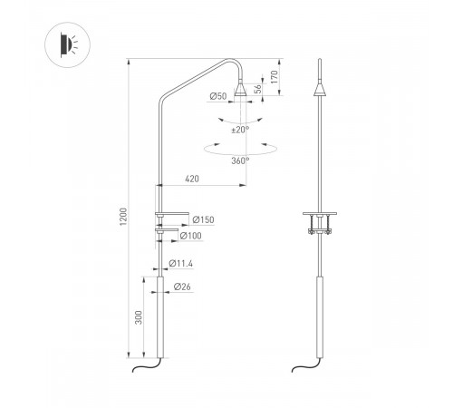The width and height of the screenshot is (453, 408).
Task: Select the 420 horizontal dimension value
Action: pos(191,180)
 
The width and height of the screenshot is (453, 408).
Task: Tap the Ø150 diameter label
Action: pos(201,219)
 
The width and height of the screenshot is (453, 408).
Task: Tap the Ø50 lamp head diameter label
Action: pos(217,96)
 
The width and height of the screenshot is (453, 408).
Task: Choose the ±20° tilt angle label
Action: pos(239,130)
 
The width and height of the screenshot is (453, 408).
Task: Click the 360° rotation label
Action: pos(240,160)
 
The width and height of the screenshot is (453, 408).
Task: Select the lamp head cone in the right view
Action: pos(321,89)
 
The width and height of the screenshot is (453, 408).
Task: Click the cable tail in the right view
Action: pos(307,367)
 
